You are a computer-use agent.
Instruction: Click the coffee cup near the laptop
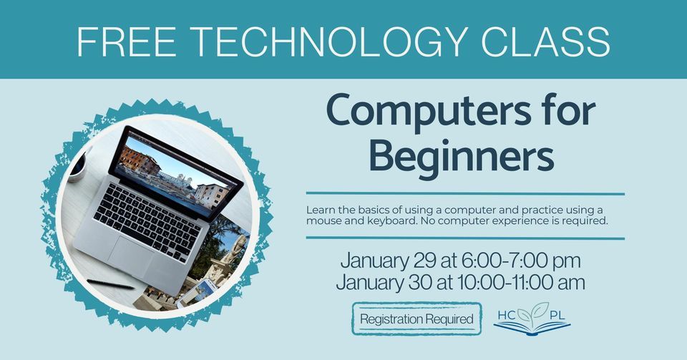coord(77,167)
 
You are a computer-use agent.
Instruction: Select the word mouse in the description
coord(323,221)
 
